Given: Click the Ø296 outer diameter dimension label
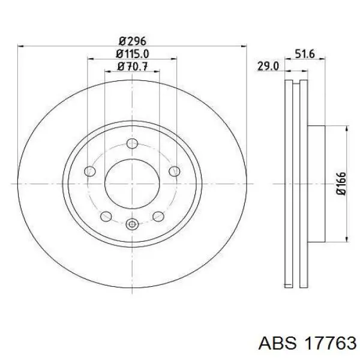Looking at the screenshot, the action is (132, 41).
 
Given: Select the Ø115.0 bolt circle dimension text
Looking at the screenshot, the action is (132, 54).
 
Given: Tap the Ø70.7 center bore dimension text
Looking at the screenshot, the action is (132, 67).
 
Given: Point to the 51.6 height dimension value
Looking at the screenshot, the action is (304, 54).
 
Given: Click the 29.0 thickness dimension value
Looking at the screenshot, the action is (268, 67).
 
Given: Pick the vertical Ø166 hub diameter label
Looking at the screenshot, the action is (341, 184).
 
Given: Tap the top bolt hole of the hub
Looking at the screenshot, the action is (132, 144).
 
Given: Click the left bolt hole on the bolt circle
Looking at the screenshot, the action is (90, 171).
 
